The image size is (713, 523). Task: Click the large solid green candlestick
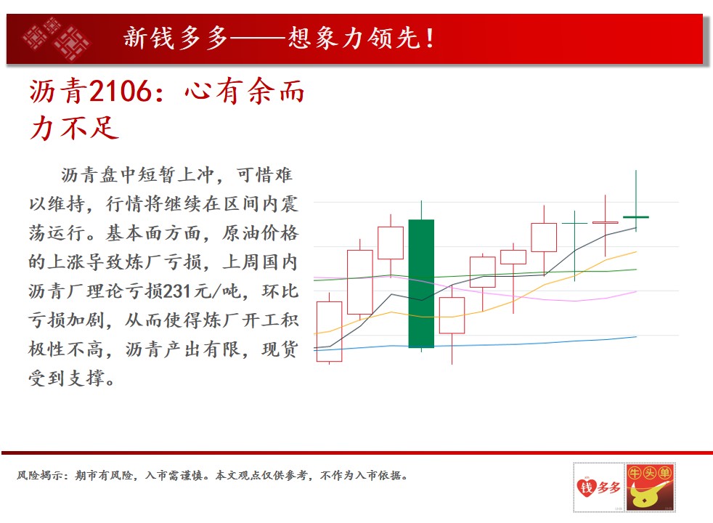(x=421, y=283)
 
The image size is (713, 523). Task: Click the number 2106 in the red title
(x=120, y=91)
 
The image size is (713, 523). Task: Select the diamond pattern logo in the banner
(x=57, y=38)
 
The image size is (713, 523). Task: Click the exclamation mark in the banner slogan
(x=430, y=38)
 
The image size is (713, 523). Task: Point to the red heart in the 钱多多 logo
(x=586, y=487)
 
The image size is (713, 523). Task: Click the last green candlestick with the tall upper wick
(x=636, y=201)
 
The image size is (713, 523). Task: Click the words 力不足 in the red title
(x=75, y=128)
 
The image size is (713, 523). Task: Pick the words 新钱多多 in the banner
(x=176, y=38)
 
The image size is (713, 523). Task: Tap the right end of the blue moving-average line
(x=636, y=337)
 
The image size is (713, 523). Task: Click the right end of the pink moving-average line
(x=636, y=291)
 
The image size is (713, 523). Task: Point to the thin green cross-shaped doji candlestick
(x=575, y=246)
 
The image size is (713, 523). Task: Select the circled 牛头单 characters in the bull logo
(x=649, y=473)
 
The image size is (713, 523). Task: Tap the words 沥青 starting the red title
(x=57, y=91)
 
